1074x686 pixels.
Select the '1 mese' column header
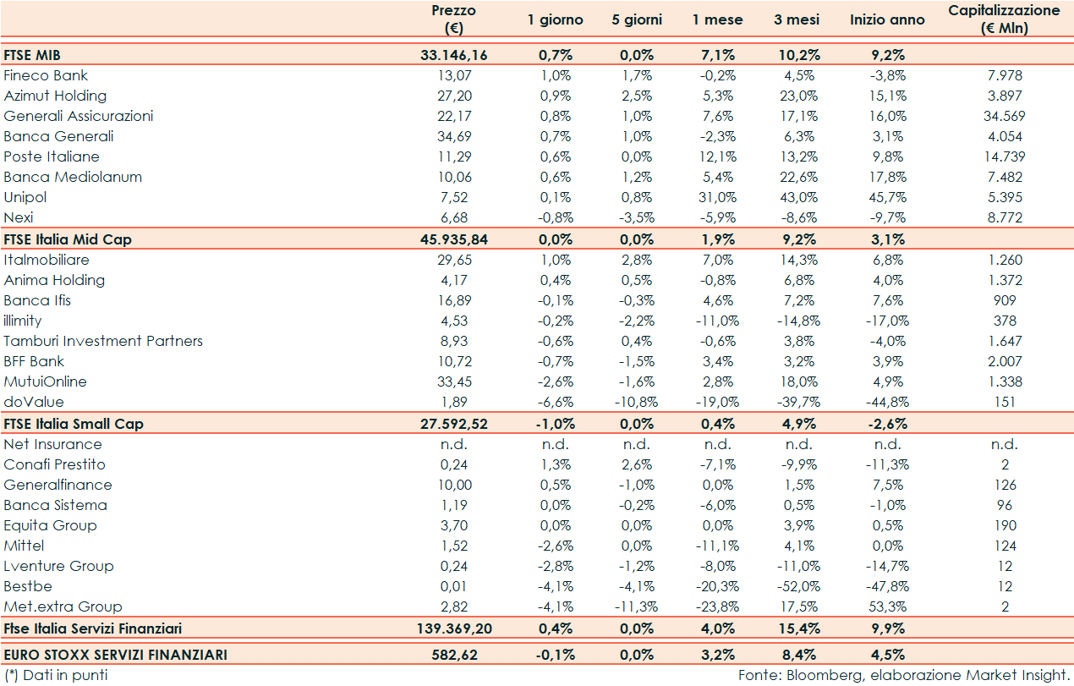pos(717,19)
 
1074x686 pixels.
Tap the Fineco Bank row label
pos(46,75)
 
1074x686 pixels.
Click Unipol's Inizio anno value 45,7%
pos(887,197)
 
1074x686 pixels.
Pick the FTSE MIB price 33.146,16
pos(453,55)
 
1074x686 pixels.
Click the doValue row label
pos(34,402)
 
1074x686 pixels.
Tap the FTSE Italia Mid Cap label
pos(68,239)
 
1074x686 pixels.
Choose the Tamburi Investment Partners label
pos(103,341)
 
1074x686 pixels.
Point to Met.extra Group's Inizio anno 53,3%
pos(887,606)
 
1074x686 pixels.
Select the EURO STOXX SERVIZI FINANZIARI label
pos(116,655)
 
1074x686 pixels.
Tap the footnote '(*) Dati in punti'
pos(55,675)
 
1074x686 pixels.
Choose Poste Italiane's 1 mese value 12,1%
pos(717,156)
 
